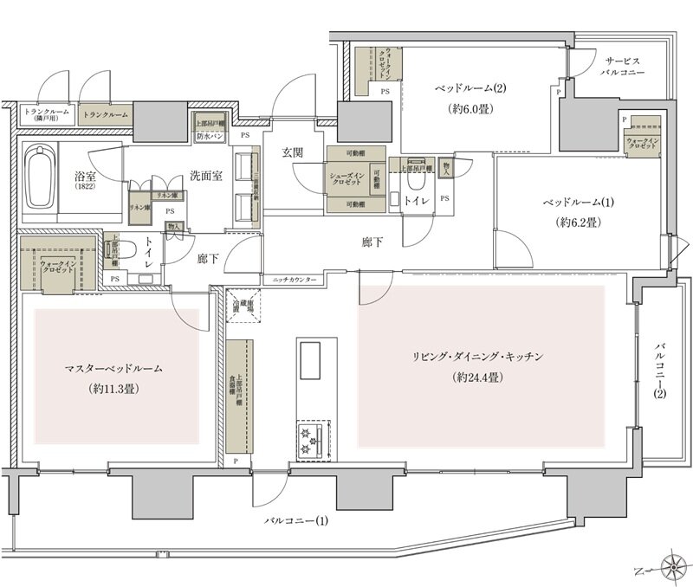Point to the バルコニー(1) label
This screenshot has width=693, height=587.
point(296,521)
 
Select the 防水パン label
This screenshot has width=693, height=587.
point(210,136)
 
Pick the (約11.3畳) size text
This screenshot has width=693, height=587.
point(113,390)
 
